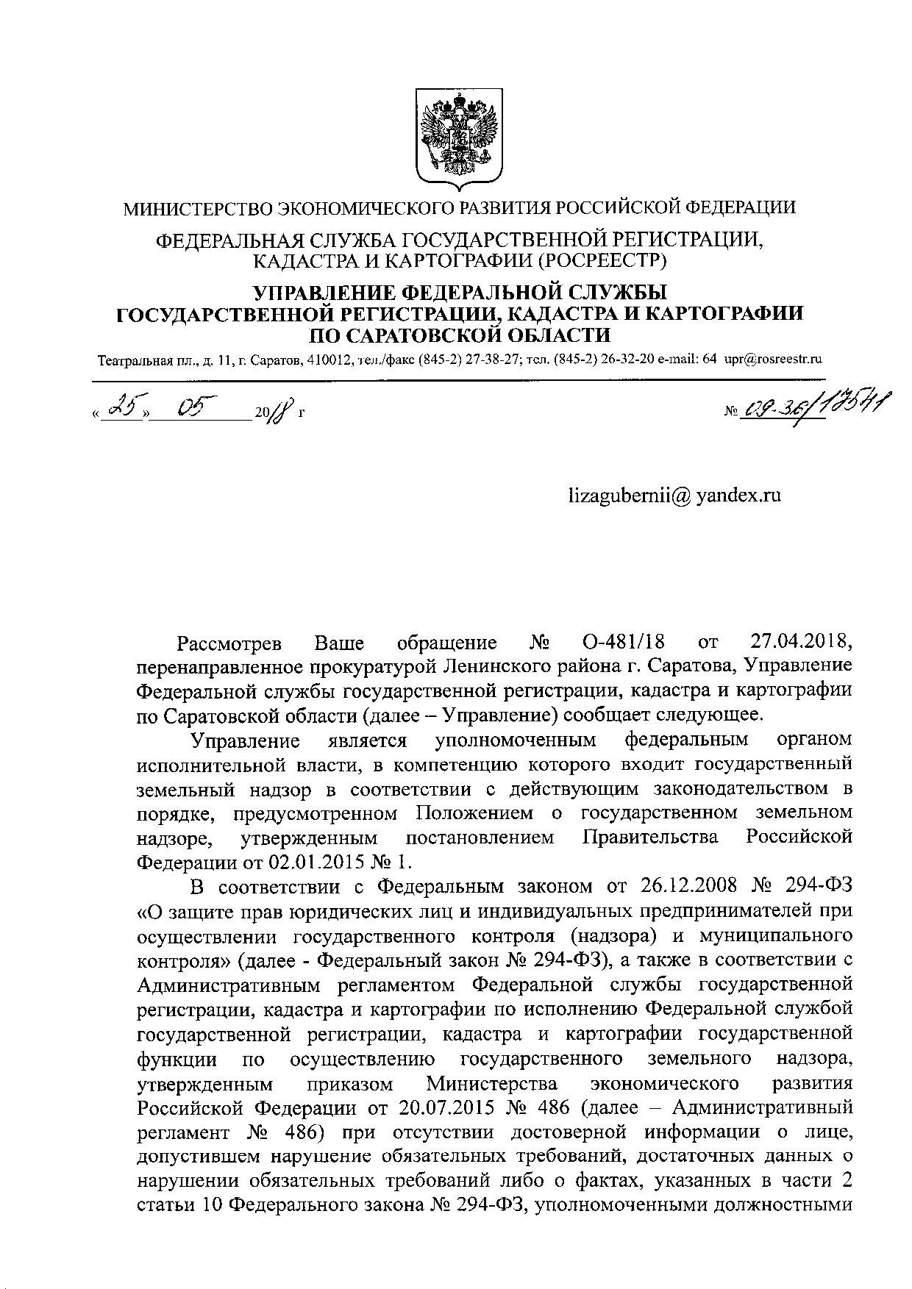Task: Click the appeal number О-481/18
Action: click(621, 643)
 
